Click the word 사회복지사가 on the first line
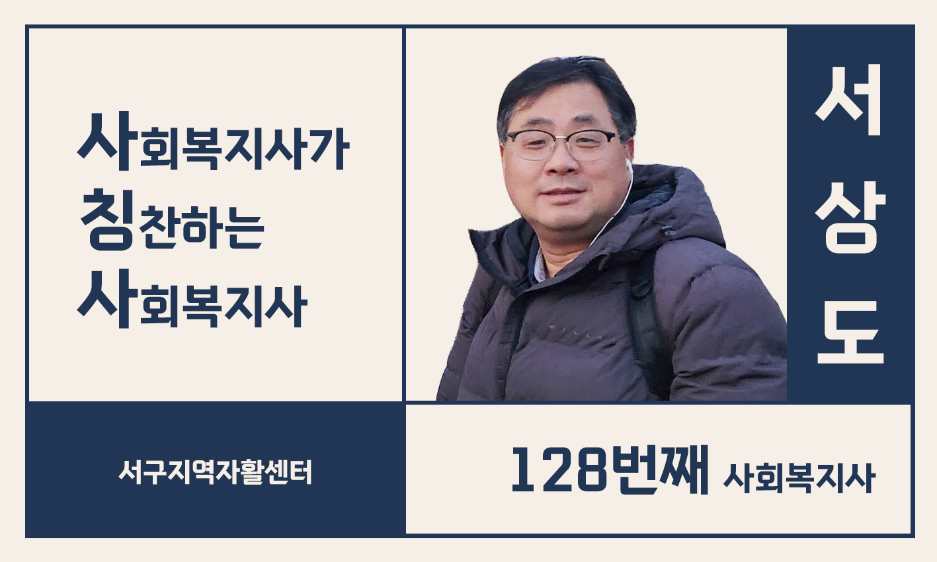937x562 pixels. click(x=214, y=142)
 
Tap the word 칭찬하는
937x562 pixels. click(x=172, y=220)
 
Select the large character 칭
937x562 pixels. click(x=107, y=220)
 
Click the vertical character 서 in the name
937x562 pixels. click(x=850, y=100)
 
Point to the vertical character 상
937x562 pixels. click(x=850, y=218)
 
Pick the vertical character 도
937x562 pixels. click(x=850, y=332)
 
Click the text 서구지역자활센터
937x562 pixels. click(x=216, y=473)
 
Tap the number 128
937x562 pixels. click(x=559, y=469)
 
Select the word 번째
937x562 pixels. click(x=659, y=469)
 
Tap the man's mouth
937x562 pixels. click(x=563, y=193)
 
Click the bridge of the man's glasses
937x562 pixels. click(x=563, y=136)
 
